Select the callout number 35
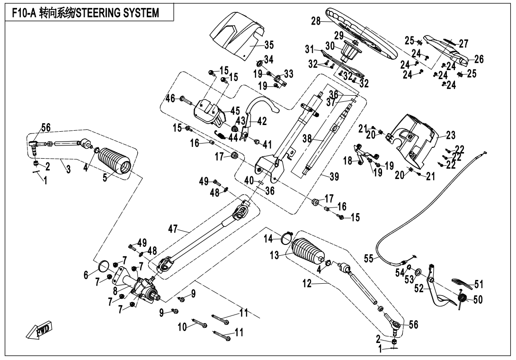pos(268,45)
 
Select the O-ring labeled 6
pos(106,267)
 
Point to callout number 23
pos(450,135)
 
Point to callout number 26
pos(479,59)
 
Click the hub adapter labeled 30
pos(351,49)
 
